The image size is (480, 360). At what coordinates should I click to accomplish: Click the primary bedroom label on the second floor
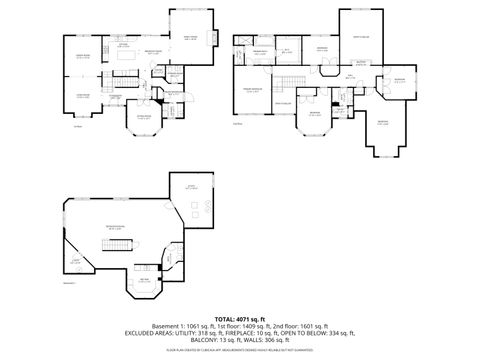point(255,89)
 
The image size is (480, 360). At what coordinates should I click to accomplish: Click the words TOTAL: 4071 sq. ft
point(240,317)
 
